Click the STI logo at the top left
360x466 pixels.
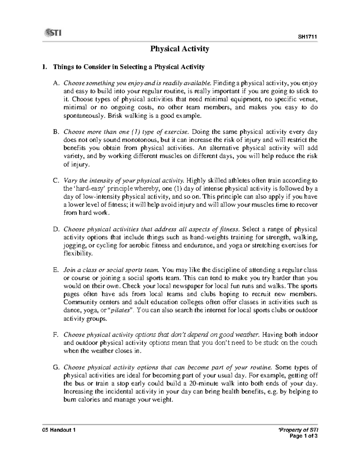point(52,32)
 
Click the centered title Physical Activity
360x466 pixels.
point(180,49)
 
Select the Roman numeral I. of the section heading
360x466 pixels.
point(45,67)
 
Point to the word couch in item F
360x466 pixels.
point(309,343)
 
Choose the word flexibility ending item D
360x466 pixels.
point(78,254)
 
